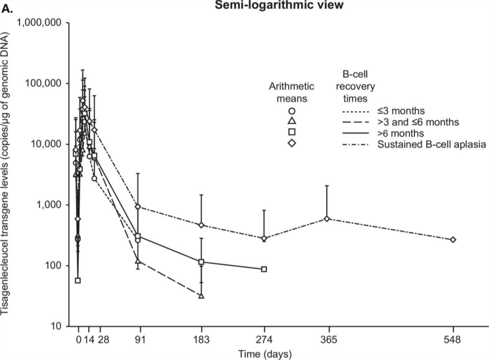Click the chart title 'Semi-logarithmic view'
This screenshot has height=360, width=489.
261,7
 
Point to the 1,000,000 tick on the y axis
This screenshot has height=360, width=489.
37,22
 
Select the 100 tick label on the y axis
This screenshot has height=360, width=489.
53,266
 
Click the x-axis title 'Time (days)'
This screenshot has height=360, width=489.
261,352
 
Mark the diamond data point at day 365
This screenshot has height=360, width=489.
327,219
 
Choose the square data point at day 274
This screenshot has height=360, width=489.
264,269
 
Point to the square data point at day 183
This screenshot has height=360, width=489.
201,262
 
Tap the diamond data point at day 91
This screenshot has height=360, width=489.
138,207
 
